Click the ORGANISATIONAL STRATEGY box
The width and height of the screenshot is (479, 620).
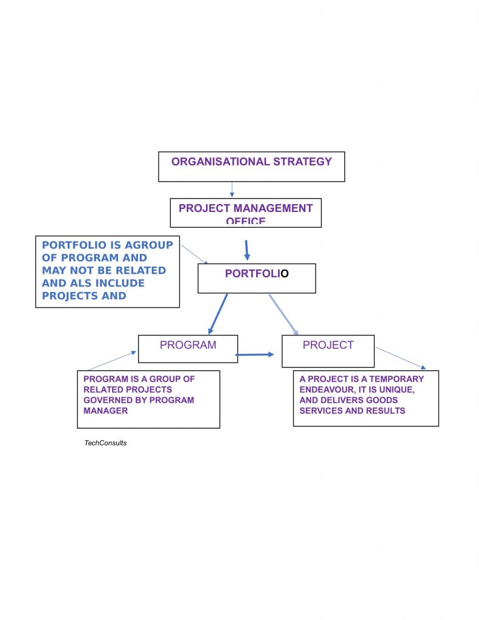(x=251, y=167)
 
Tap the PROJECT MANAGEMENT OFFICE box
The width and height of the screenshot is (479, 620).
(x=245, y=213)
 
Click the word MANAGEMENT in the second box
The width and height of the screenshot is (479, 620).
(x=273, y=208)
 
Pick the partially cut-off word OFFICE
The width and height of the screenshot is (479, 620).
(x=246, y=222)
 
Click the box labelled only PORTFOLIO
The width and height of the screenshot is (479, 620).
(x=257, y=279)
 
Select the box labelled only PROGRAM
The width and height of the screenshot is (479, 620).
(x=188, y=349)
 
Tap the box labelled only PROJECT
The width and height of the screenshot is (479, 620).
(x=328, y=351)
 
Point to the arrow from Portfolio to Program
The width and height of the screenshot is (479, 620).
(x=218, y=314)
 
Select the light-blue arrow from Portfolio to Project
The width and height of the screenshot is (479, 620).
(x=283, y=314)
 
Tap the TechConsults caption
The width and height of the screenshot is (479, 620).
(x=105, y=443)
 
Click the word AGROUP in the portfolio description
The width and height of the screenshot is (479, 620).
(x=148, y=245)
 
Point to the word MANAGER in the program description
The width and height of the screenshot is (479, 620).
(x=105, y=411)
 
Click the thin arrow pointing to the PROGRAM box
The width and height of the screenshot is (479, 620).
(x=111, y=361)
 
